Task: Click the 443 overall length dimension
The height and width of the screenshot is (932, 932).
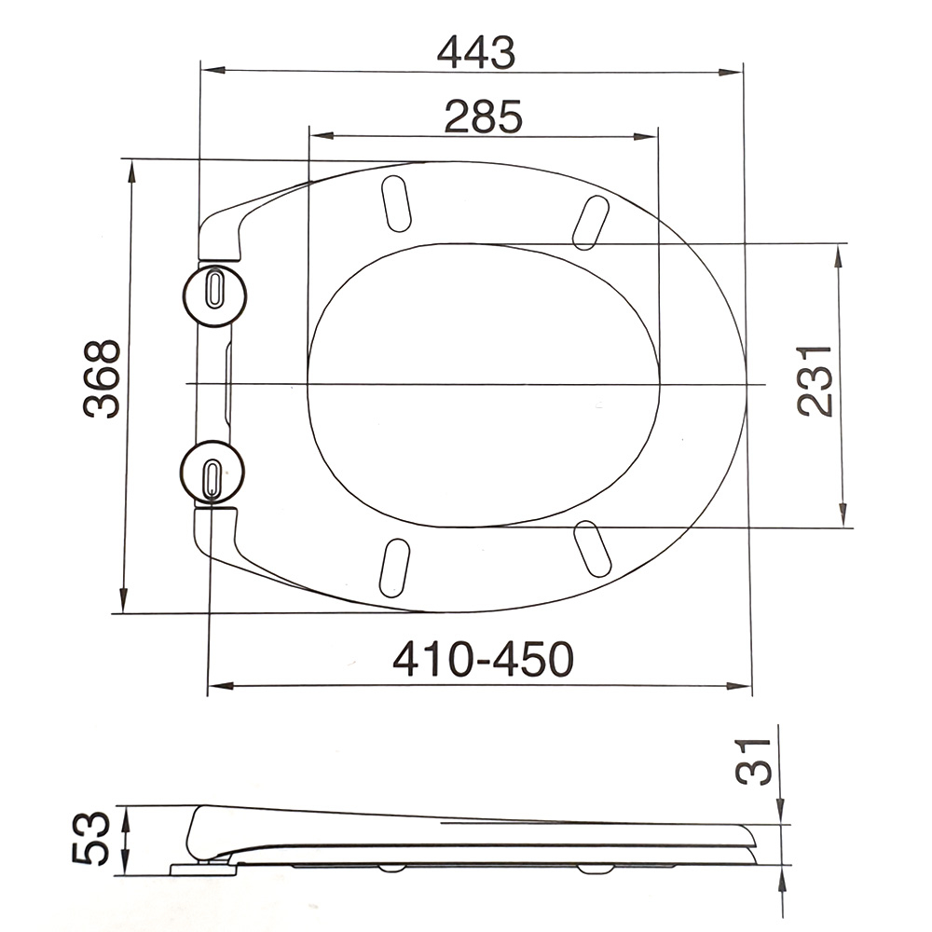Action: click(475, 54)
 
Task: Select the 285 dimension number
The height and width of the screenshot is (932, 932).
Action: click(483, 117)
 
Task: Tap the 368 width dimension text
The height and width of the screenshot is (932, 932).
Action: click(102, 378)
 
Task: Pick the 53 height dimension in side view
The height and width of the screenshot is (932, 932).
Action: click(90, 838)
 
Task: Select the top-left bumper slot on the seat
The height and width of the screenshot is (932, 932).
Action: click(395, 203)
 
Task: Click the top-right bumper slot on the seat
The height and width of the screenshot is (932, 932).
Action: click(591, 222)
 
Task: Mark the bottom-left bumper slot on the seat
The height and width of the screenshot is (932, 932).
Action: click(394, 567)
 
